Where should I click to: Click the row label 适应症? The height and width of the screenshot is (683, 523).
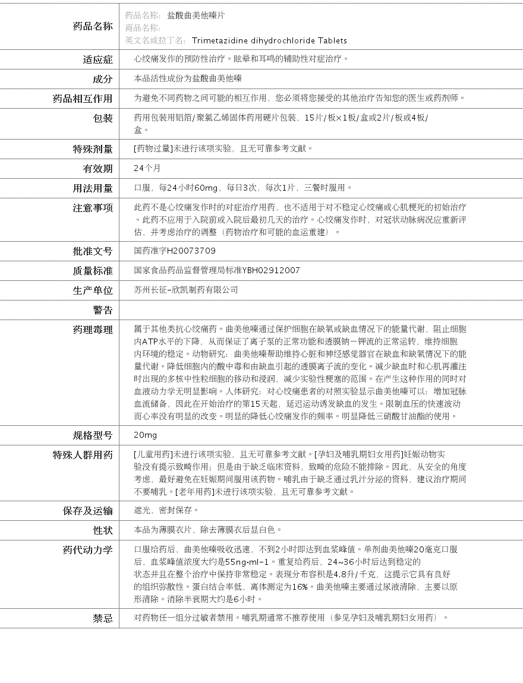pos(97,59)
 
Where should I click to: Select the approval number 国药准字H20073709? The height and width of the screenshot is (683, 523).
pos(175,251)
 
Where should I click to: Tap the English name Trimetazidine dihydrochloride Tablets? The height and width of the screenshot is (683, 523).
pos(269,40)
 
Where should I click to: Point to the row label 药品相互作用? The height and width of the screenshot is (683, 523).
pos(83,99)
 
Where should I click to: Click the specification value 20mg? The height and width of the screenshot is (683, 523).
pos(146,435)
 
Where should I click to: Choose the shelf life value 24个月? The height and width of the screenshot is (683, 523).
pos(147,169)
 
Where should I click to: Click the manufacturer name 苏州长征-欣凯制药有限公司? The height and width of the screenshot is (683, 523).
pos(186,290)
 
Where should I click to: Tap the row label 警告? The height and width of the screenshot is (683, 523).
pos(102,310)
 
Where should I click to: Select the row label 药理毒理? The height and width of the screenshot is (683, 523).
pos(93,330)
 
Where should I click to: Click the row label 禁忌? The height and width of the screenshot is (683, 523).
pos(102,618)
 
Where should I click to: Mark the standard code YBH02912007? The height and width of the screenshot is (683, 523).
pos(271,271)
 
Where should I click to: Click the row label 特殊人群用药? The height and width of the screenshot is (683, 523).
pos(83,455)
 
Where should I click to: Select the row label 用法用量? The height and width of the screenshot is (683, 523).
pos(93,188)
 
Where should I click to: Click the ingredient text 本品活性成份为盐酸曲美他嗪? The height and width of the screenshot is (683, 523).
pos(188,79)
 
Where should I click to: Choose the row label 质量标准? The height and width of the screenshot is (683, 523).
pos(93,271)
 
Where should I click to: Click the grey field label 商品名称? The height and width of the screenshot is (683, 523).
pos(143,28)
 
